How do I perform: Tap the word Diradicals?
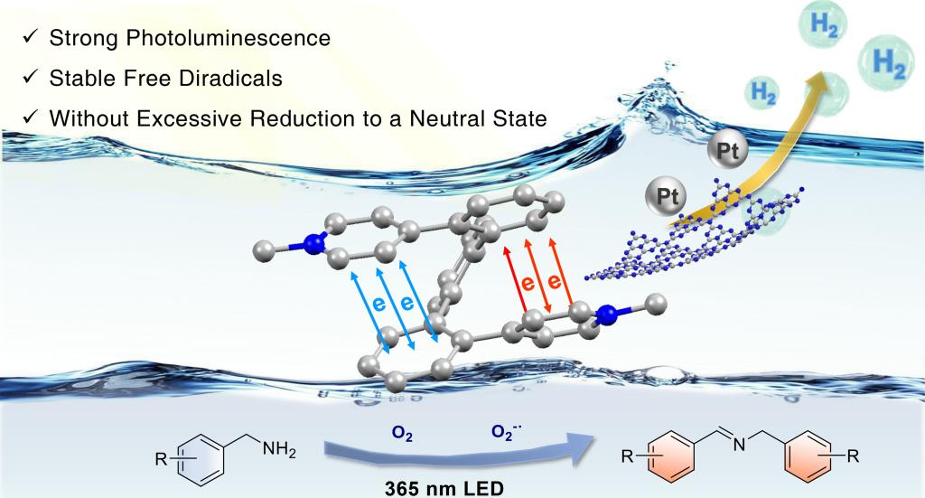tap(231, 79)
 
